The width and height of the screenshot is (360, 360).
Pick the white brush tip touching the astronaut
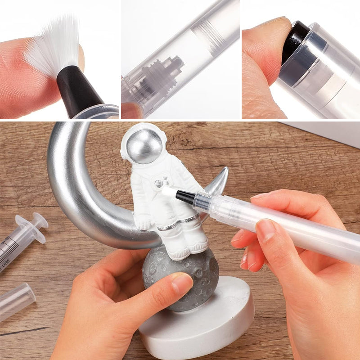tap(168, 193)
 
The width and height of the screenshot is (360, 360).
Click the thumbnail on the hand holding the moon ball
tap(182, 284)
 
